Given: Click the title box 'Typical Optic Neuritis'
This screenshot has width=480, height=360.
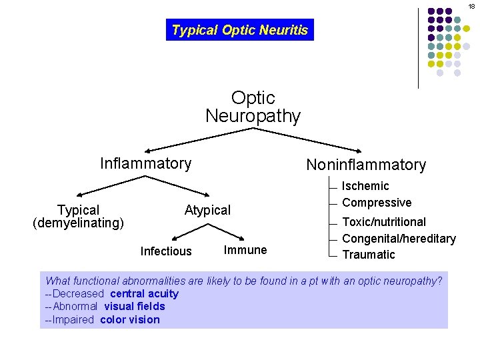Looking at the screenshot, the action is (239, 30).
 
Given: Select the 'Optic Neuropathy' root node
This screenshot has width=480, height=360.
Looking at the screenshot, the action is (253, 107).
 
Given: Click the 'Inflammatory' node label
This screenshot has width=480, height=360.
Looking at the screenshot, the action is (145, 163).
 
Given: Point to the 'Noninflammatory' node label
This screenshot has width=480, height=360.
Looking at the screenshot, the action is (365, 165).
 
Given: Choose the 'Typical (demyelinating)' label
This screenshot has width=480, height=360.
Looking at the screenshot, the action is (78, 217).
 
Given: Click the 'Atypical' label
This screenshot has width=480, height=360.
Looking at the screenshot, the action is (207, 211).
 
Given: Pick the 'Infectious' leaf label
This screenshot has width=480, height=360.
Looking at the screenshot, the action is (166, 251).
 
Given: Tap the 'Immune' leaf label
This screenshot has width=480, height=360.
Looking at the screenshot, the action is (245, 250).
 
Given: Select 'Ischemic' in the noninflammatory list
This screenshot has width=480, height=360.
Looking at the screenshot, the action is (365, 186).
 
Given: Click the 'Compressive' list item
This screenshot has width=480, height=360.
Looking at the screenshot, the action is (377, 203).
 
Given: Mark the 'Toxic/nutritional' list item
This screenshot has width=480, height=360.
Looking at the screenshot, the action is (384, 222).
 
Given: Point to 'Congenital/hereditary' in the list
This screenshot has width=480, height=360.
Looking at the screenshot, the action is (399, 239).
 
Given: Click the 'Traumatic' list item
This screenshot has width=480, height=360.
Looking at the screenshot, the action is (369, 255).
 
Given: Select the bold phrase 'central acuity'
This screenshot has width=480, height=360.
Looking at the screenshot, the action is (144, 294).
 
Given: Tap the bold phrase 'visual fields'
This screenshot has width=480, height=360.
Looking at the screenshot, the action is (134, 307).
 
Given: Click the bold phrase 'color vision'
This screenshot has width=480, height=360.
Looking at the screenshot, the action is (130, 320).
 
